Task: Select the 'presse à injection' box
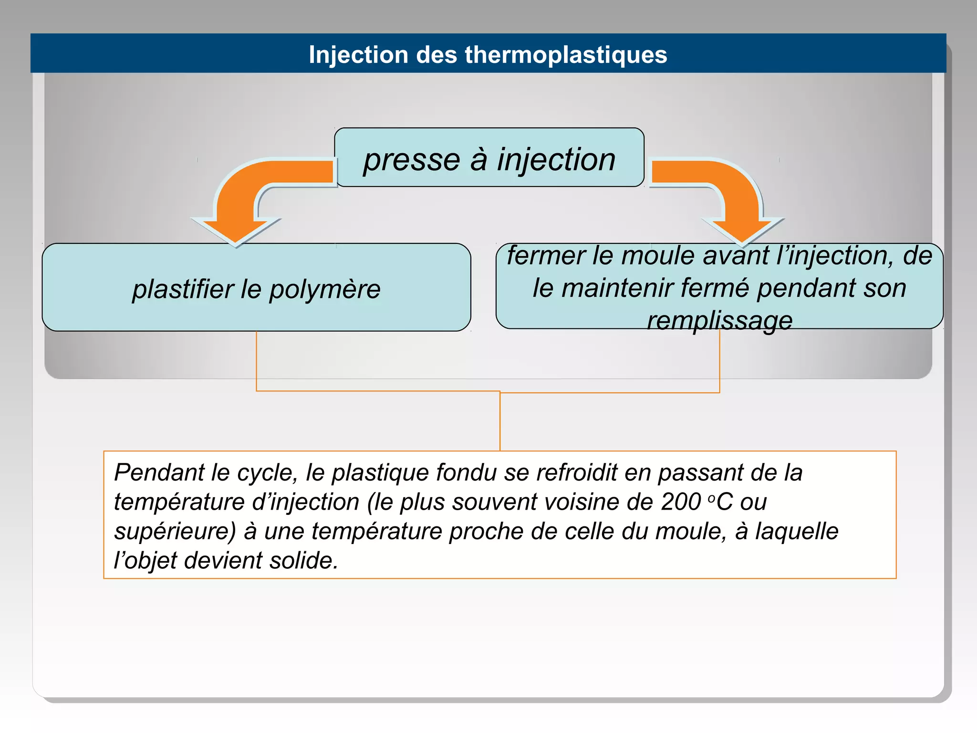pyautogui.click(x=489, y=157)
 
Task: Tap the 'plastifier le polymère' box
pyautogui.click(x=256, y=287)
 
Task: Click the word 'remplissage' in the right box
pyautogui.click(x=719, y=320)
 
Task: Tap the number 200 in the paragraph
pyautogui.click(x=681, y=502)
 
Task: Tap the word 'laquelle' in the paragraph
pyautogui.click(x=796, y=531)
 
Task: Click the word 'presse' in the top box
pyautogui.click(x=411, y=160)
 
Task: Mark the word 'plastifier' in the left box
pyautogui.click(x=183, y=289)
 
